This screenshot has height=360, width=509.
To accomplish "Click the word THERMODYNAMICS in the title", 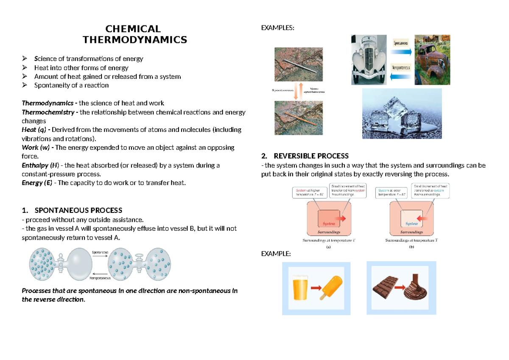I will coord(134,40).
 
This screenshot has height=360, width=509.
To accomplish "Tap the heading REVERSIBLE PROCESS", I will coord(311,156).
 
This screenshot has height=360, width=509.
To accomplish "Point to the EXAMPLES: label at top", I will coord(277,28).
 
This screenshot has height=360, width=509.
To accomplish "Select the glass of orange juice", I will coord(300,288).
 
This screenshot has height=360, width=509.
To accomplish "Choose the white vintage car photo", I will coord(369,60).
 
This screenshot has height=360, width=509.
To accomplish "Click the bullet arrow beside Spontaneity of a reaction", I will coord(25,85).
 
